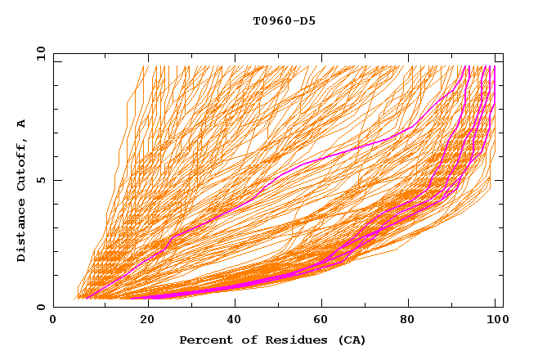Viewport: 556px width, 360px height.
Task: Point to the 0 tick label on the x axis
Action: (53, 322)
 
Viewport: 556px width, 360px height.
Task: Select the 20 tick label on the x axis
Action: (142, 322)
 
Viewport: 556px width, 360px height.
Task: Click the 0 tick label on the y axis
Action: (41, 308)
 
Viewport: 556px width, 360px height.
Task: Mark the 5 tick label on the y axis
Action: (41, 180)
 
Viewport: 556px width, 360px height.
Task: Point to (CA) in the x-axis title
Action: (329, 340)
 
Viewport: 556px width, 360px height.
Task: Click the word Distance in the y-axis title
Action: (21, 230)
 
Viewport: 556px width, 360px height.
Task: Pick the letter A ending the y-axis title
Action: (21, 124)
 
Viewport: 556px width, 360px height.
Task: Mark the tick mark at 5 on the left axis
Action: (56, 180)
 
